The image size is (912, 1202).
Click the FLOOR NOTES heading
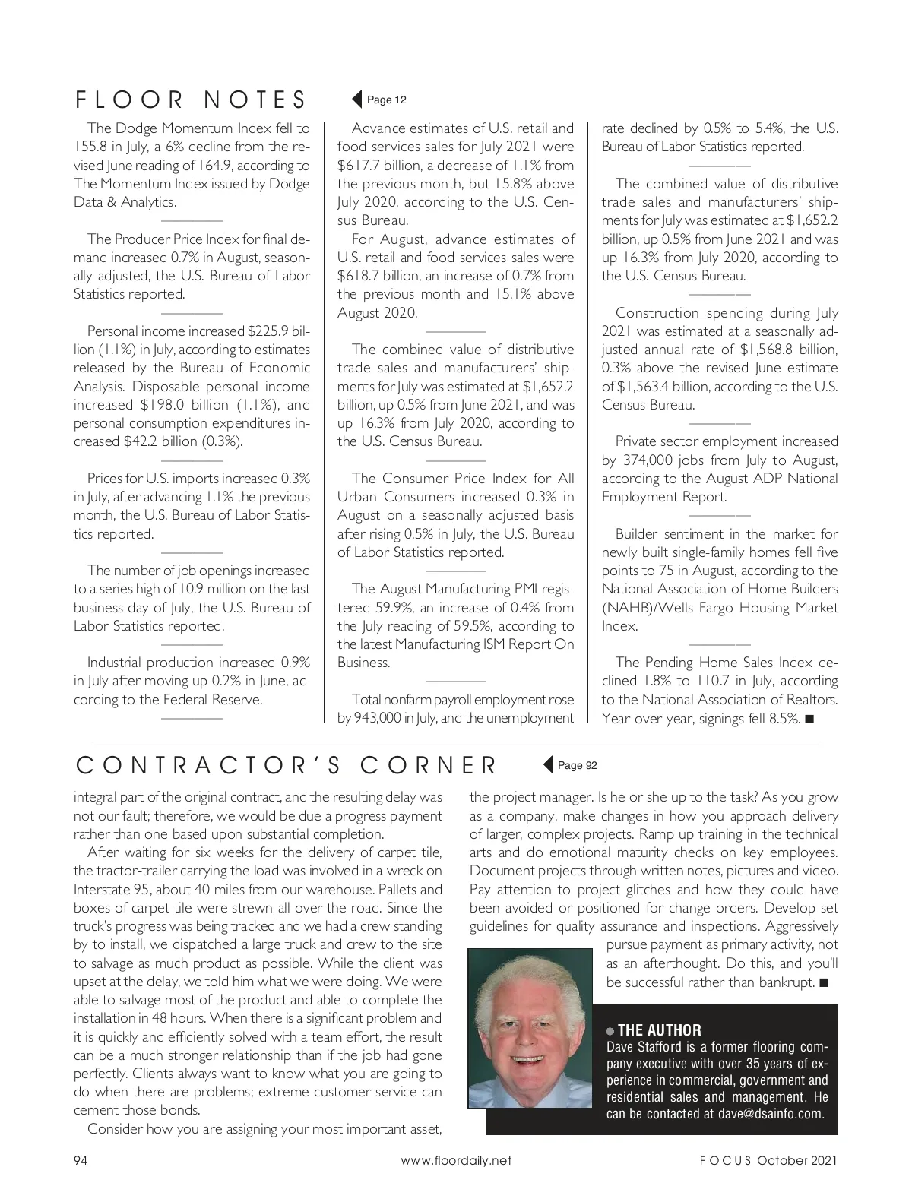coord(190,100)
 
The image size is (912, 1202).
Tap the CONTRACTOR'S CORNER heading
coord(287,765)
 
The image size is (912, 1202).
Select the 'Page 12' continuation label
coord(387,100)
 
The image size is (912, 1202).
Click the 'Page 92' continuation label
coord(578,765)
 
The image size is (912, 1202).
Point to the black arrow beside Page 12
coord(356,100)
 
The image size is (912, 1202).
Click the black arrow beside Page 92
coord(547,765)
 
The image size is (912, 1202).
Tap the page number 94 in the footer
coord(81,1160)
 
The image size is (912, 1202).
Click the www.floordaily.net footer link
coord(456,1160)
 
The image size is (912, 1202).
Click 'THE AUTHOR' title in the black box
coord(660,1030)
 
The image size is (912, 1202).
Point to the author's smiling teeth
coord(530,1058)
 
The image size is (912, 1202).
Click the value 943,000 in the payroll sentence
coord(378,718)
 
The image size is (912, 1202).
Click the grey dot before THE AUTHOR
coord(610,1031)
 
